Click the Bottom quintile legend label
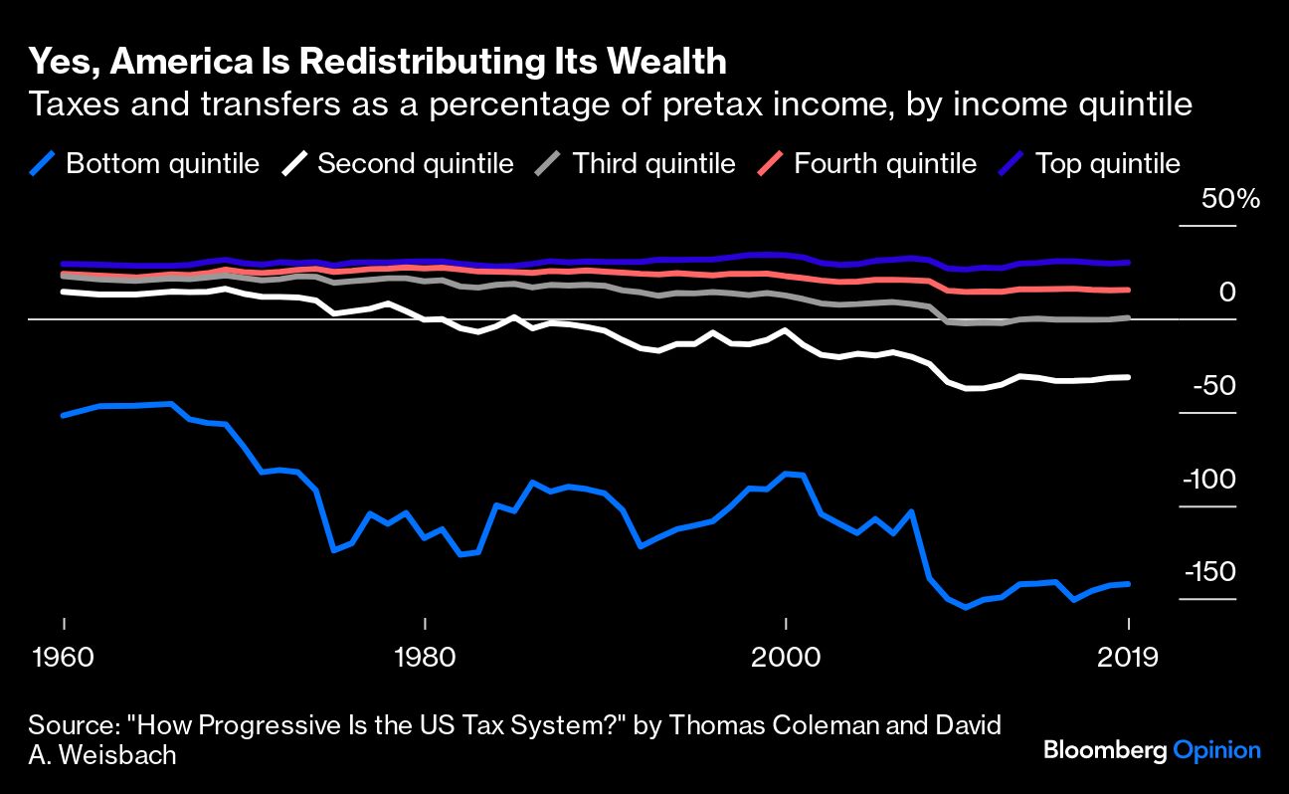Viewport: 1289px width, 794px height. (162, 164)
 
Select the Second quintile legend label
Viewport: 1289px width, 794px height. (415, 164)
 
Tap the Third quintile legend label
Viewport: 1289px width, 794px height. (653, 164)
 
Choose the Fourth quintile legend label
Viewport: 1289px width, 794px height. (884, 164)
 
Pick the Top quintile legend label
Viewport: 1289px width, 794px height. (1107, 164)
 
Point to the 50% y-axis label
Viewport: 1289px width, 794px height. (1230, 199)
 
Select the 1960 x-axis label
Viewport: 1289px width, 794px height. (64, 658)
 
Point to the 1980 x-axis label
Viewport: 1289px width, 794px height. (425, 658)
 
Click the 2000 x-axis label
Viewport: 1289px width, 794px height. (786, 658)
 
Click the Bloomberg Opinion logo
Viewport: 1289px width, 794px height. (1152, 751)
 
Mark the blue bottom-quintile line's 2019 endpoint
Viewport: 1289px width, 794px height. (1128, 584)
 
